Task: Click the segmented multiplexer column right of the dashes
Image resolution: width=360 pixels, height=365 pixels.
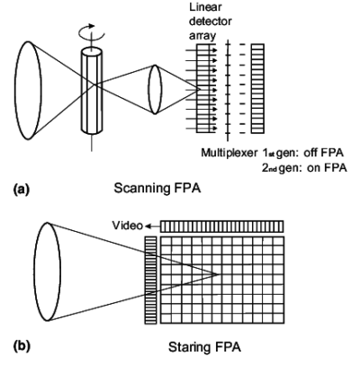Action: point(258,86)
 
